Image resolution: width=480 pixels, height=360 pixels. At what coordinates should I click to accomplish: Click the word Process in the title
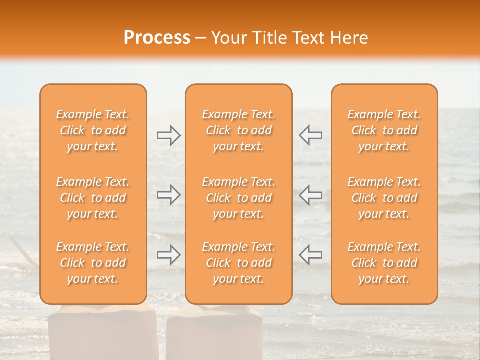(157, 38)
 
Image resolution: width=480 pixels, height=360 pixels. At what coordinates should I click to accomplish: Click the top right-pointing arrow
(168, 135)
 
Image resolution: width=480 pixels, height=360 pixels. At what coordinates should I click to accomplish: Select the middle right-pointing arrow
(168, 195)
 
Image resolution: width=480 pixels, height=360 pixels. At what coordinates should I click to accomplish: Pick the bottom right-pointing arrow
(168, 255)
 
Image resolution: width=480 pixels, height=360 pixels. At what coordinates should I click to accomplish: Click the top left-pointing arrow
(311, 135)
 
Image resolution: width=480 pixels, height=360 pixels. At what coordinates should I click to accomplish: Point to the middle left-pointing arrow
(311, 195)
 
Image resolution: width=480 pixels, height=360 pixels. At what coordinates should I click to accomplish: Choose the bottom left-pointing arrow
(311, 255)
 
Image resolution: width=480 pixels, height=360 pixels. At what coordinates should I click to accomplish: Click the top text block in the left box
(93, 130)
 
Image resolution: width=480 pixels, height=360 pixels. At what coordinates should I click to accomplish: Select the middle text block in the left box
(93, 198)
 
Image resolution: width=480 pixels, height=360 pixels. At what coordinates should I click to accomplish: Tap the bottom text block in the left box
(93, 263)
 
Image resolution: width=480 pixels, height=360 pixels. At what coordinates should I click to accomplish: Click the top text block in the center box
(239, 130)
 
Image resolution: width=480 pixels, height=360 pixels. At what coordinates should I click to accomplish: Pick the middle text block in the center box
(239, 198)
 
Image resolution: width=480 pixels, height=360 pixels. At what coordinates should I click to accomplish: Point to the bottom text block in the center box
(239, 263)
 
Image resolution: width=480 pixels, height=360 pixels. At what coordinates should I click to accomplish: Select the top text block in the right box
(384, 130)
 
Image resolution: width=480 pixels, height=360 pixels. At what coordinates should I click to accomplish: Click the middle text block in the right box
(384, 198)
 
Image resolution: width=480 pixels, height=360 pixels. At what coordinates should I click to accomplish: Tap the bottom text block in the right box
(384, 263)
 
